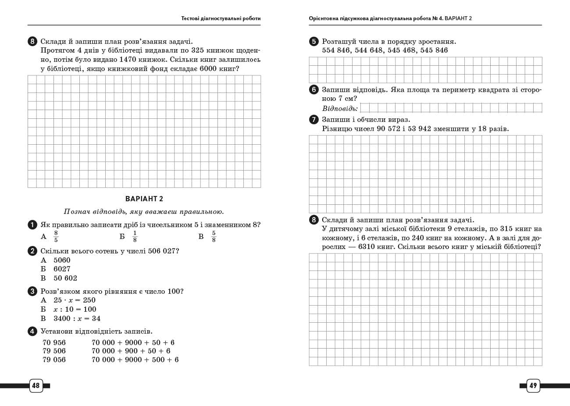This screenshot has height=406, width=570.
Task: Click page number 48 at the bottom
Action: [x=36, y=386]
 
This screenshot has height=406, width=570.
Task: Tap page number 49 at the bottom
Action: [x=533, y=386]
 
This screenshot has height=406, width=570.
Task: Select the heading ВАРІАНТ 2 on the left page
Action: [x=144, y=199]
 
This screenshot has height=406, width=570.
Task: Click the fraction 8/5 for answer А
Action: [x=56, y=237]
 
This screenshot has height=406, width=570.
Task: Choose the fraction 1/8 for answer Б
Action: [x=135, y=237]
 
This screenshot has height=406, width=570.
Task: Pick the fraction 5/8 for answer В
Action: [x=214, y=237]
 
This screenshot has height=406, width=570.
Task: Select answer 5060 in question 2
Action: [x=62, y=260]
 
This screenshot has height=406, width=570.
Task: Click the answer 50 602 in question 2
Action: [x=65, y=278]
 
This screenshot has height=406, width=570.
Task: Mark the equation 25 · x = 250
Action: [x=75, y=300]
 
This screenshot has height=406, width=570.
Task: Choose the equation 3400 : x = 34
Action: [x=77, y=319]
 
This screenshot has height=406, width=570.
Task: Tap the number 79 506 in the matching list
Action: [x=54, y=351]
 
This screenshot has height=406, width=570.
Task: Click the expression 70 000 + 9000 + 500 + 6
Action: [x=135, y=360]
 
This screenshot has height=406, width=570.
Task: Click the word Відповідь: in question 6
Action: [x=340, y=108]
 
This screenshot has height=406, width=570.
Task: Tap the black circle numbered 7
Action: [x=313, y=120]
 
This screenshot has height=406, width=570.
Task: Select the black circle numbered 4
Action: [x=32, y=331]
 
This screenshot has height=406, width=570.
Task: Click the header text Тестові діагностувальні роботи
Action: [x=221, y=18]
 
